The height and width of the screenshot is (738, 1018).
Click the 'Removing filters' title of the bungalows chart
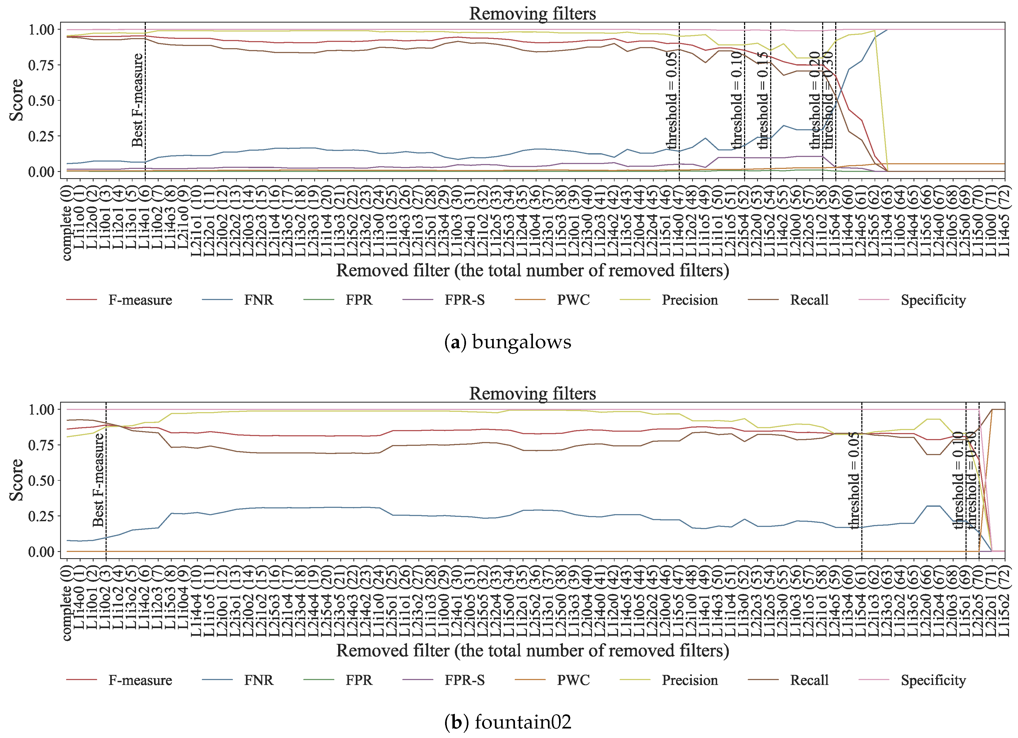pos(532,14)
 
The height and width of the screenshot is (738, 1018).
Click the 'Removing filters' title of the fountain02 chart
pos(532,393)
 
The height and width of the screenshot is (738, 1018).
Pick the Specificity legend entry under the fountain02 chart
pos(933,680)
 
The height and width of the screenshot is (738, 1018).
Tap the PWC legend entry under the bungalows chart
pos(573,300)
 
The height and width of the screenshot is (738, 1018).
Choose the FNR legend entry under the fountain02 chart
pos(258,680)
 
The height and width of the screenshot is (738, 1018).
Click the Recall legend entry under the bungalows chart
pos(809,300)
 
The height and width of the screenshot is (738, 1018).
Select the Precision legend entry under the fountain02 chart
pos(689,680)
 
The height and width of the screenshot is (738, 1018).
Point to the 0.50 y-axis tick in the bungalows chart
pos(41,101)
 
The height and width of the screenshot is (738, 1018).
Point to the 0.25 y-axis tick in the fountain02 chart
pos(41,516)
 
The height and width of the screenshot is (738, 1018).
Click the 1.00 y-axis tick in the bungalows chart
pos(41,30)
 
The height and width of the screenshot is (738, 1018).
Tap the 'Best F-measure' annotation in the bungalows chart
pos(137,100)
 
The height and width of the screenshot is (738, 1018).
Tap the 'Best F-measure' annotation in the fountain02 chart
pos(98,479)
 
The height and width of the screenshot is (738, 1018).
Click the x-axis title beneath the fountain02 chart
pos(532,650)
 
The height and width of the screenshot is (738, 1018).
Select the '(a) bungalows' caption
pos(508,342)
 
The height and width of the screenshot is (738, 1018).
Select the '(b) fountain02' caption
pos(508,722)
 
